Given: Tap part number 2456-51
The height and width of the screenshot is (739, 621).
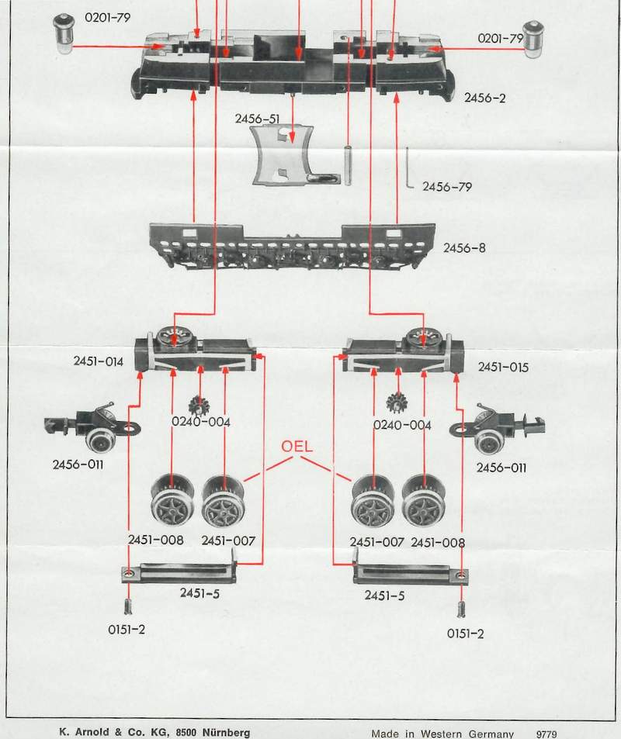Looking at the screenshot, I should [258, 118].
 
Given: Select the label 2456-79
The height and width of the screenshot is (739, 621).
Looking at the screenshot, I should [446, 187].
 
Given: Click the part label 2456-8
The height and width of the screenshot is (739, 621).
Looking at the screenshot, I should [464, 249].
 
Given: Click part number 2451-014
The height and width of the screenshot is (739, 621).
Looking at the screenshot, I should [99, 361].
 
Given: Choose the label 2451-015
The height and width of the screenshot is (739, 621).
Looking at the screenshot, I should [503, 367].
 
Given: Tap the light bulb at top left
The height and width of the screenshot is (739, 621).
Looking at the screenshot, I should [64, 36].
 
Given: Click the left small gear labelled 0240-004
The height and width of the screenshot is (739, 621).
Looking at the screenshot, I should [199, 405].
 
